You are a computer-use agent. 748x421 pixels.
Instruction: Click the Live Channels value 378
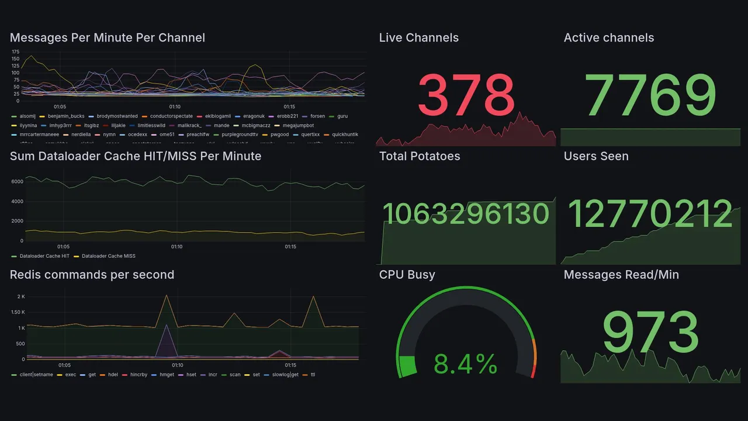[466, 95]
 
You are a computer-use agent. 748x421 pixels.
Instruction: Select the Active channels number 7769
[650, 95]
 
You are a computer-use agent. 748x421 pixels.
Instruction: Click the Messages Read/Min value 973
[650, 333]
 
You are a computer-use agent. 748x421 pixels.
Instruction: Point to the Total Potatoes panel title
[420, 156]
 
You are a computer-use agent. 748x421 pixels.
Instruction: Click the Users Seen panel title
[596, 156]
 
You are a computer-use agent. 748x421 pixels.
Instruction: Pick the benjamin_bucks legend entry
[66, 116]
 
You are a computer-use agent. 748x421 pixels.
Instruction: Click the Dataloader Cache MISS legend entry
[108, 256]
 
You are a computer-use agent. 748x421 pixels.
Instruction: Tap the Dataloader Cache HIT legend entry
[44, 256]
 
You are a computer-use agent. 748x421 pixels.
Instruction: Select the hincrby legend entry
[138, 375]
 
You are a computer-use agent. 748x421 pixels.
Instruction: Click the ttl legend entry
[313, 375]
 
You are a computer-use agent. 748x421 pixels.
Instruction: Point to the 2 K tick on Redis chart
[20, 297]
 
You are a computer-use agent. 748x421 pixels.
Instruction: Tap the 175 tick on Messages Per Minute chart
[15, 52]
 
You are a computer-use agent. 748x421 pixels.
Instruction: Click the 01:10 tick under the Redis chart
[177, 365]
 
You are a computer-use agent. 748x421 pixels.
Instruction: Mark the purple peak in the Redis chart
[167, 325]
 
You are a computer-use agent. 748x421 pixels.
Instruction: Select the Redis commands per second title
[92, 275]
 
